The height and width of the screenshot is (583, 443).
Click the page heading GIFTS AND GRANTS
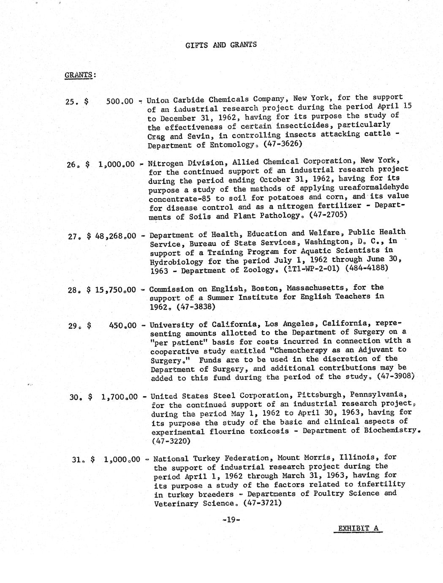click(x=221, y=45)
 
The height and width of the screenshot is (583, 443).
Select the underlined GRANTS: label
click(x=80, y=75)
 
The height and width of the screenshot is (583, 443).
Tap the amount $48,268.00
click(x=111, y=236)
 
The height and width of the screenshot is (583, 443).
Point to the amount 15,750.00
click(x=116, y=290)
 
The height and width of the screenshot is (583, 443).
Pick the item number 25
click(x=70, y=101)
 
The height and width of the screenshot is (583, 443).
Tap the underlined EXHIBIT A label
click(x=358, y=528)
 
